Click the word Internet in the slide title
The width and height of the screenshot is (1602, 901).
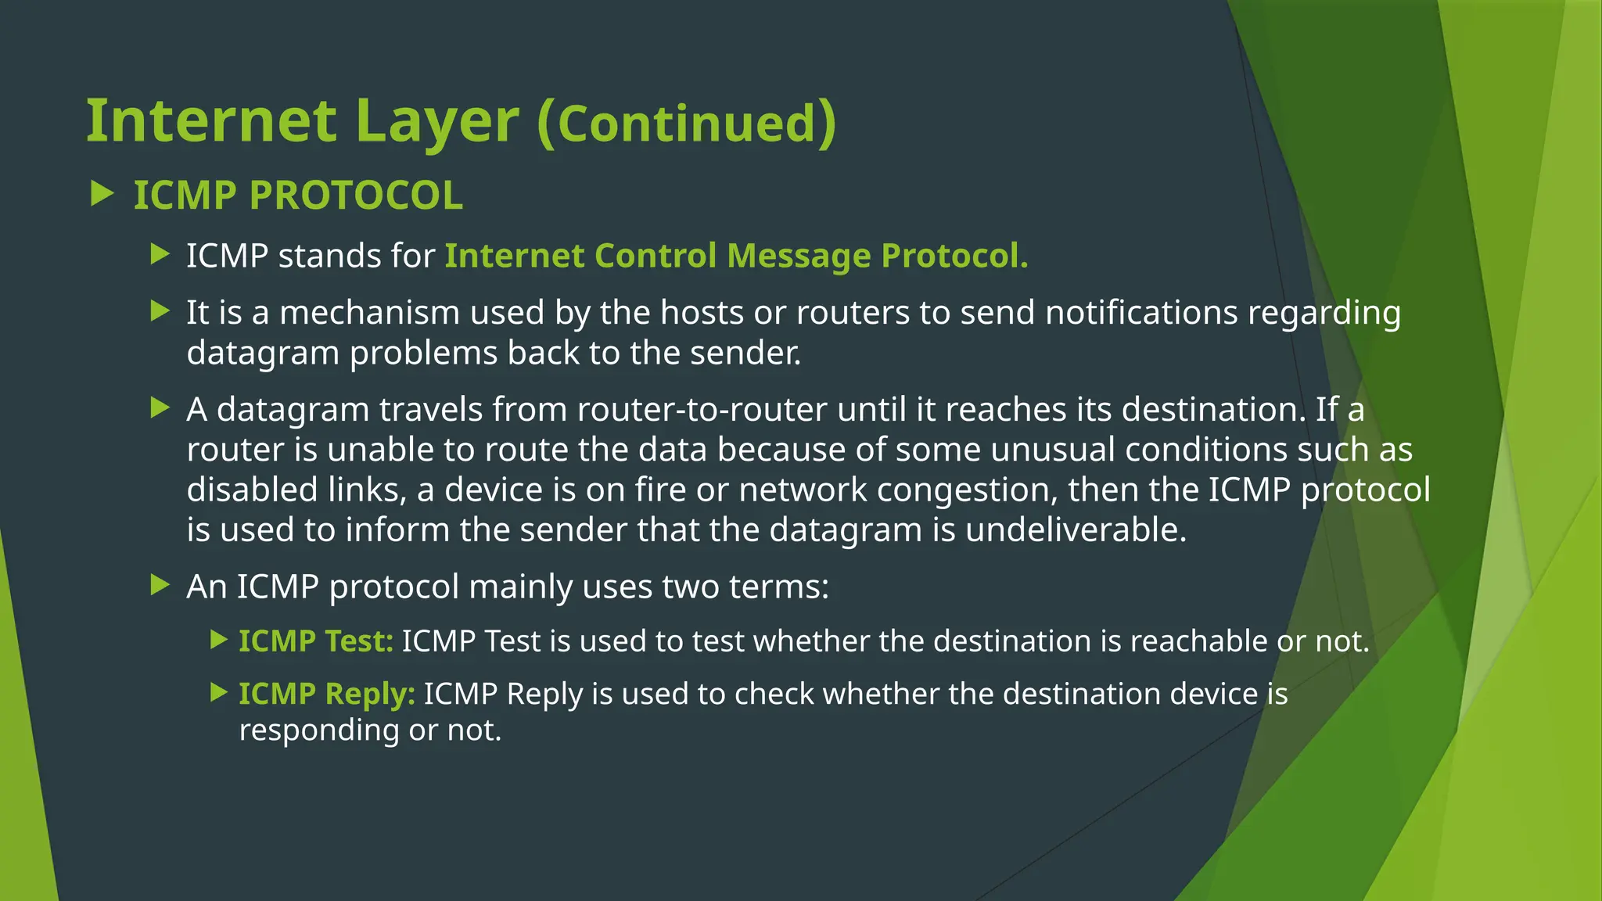click(211, 121)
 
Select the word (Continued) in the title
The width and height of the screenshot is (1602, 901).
click(687, 123)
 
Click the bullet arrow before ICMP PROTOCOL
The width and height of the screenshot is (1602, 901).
click(102, 193)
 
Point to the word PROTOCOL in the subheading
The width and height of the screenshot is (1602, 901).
click(356, 195)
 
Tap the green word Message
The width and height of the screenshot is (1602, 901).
click(799, 256)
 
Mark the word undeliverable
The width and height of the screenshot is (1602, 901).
click(1076, 529)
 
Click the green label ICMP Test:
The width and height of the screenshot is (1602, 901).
click(315, 641)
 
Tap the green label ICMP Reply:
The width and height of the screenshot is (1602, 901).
click(326, 695)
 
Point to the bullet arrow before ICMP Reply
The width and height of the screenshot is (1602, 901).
click(219, 692)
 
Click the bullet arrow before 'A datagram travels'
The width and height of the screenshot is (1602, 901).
click(160, 407)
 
